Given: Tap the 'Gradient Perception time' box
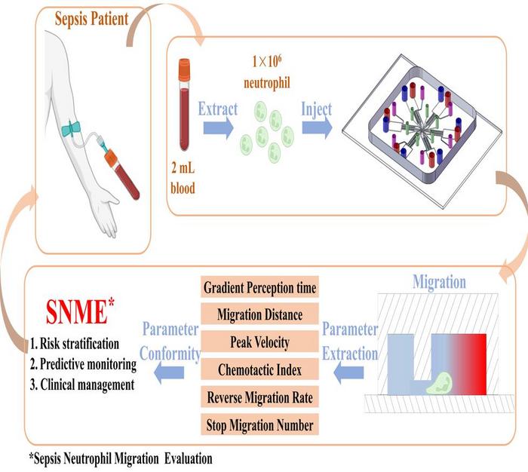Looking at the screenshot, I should (261, 287).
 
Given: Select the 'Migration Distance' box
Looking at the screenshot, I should (261, 314).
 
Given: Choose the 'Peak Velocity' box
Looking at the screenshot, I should (261, 342).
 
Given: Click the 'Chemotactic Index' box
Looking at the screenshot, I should (261, 369).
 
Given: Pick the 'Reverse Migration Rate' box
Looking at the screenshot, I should (261, 397).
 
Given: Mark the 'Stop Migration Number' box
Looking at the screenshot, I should (261, 424).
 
